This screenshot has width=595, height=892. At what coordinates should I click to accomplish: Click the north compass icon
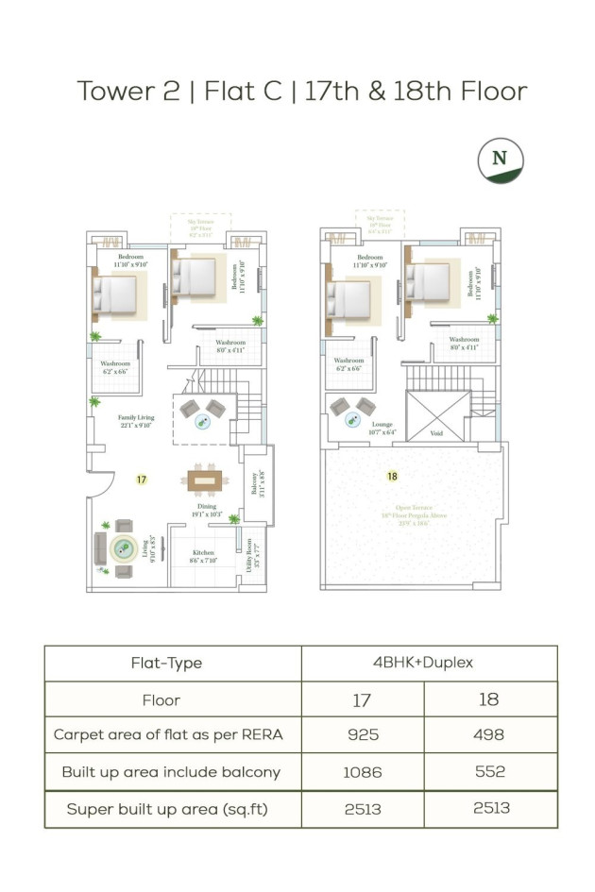tap(501, 160)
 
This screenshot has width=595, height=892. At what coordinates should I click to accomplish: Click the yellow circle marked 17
tap(141, 480)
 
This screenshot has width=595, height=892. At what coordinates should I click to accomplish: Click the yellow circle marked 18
tap(392, 477)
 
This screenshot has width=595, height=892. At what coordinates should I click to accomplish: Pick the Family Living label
tap(136, 420)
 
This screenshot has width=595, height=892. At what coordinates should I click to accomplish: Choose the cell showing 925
tap(363, 734)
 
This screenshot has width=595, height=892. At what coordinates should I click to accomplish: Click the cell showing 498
tap(490, 734)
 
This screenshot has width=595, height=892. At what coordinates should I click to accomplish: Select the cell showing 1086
tap(363, 772)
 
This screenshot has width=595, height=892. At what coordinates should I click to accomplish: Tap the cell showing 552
tap(490, 772)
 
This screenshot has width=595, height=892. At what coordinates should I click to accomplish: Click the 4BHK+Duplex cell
tap(428, 663)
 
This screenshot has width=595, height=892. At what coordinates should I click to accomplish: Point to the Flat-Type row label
tap(172, 664)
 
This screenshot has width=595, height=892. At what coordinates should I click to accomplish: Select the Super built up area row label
tap(172, 810)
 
